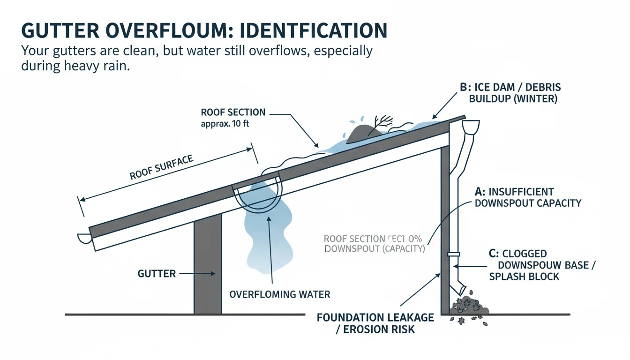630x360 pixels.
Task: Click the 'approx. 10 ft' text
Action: coord(225,124)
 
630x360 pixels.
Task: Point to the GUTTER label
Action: coord(157,273)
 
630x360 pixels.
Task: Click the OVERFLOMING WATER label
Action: coord(279,295)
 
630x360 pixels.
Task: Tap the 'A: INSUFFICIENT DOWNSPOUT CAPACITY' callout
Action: coord(527,197)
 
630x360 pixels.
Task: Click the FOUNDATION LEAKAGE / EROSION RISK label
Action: coord(375,323)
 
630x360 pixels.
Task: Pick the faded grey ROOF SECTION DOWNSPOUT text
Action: coord(374,244)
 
